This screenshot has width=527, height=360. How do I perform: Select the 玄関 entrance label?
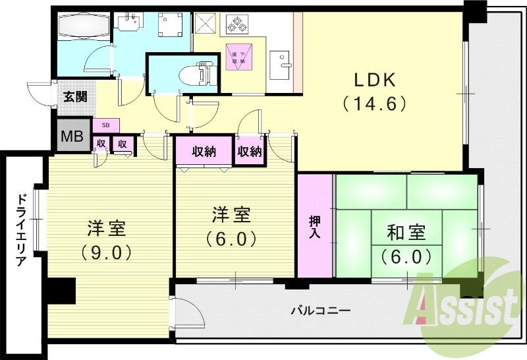tap(74, 96)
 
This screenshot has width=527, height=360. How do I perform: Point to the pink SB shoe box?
tap(105, 125)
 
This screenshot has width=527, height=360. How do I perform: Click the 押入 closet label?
tap(315, 225)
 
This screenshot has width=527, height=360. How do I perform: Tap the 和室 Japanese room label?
tap(406, 232)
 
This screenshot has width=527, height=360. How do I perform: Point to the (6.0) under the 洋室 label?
tap(230, 238)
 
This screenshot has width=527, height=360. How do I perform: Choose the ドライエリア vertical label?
tap(20, 228)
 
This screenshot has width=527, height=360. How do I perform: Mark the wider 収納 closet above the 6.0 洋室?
tap(204, 152)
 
